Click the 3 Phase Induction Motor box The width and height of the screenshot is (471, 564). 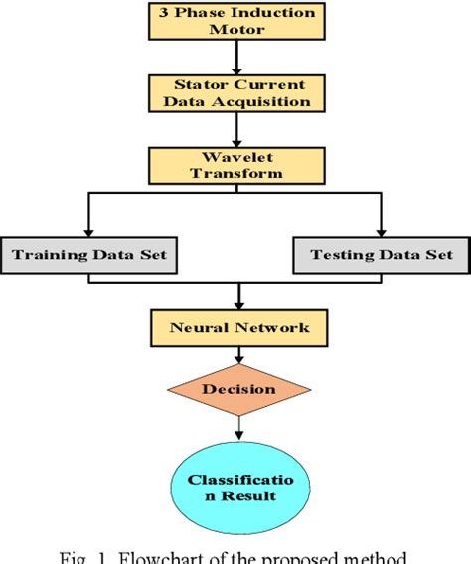(x=236, y=21)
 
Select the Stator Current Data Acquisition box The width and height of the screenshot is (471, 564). (x=236, y=92)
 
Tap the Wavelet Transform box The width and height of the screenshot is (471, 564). (x=236, y=165)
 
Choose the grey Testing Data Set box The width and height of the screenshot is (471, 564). (x=381, y=255)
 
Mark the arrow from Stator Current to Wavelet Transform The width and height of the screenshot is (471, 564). (x=236, y=129)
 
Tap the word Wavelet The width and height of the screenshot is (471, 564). (x=236, y=156)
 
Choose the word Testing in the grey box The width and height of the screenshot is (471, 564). (x=341, y=255)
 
